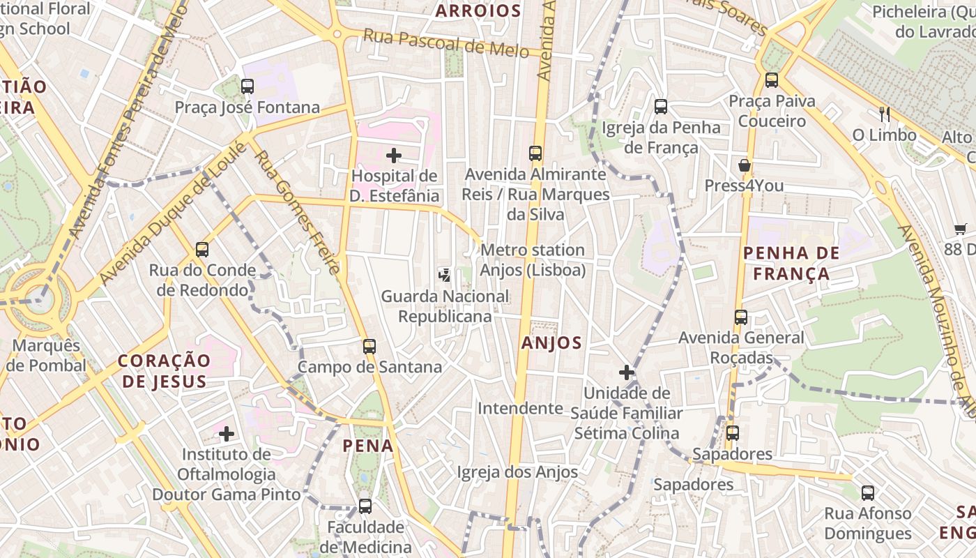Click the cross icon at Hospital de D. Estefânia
point(394,156)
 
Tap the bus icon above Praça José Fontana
point(247,86)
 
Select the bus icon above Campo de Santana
point(369,346)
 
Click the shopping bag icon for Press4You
point(745,165)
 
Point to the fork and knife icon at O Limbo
point(884,114)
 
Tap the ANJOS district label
point(551,342)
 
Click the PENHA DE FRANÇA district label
point(791,263)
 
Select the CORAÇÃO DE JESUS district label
point(164,370)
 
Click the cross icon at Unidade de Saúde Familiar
point(627,372)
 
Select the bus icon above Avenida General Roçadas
point(741,317)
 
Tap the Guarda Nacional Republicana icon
point(445,275)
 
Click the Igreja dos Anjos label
point(517,472)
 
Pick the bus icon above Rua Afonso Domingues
point(868,492)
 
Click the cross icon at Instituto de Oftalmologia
point(227,434)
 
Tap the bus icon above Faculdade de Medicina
point(365,506)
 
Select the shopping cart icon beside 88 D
point(960,228)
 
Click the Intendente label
point(520,408)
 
